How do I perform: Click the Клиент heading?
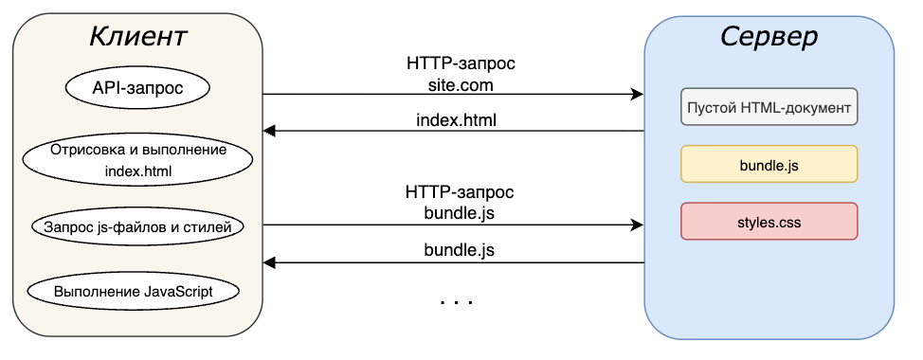click(137, 37)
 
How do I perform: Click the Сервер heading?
click(769, 37)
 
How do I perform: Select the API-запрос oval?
click(137, 89)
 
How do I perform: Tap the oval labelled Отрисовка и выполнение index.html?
click(137, 161)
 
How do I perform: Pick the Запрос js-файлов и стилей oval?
click(137, 226)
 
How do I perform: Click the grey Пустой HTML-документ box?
click(769, 106)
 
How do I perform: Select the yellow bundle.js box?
click(769, 164)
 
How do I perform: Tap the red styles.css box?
click(769, 221)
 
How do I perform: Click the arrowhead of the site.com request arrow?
click(638, 95)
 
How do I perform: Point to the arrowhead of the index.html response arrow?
click(269, 131)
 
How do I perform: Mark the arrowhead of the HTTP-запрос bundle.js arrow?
click(638, 225)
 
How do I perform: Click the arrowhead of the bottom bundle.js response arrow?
click(269, 262)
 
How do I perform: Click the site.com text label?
click(461, 84)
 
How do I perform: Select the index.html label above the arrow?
click(456, 120)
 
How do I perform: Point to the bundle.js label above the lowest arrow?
click(459, 251)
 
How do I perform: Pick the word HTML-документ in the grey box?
click(804, 106)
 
